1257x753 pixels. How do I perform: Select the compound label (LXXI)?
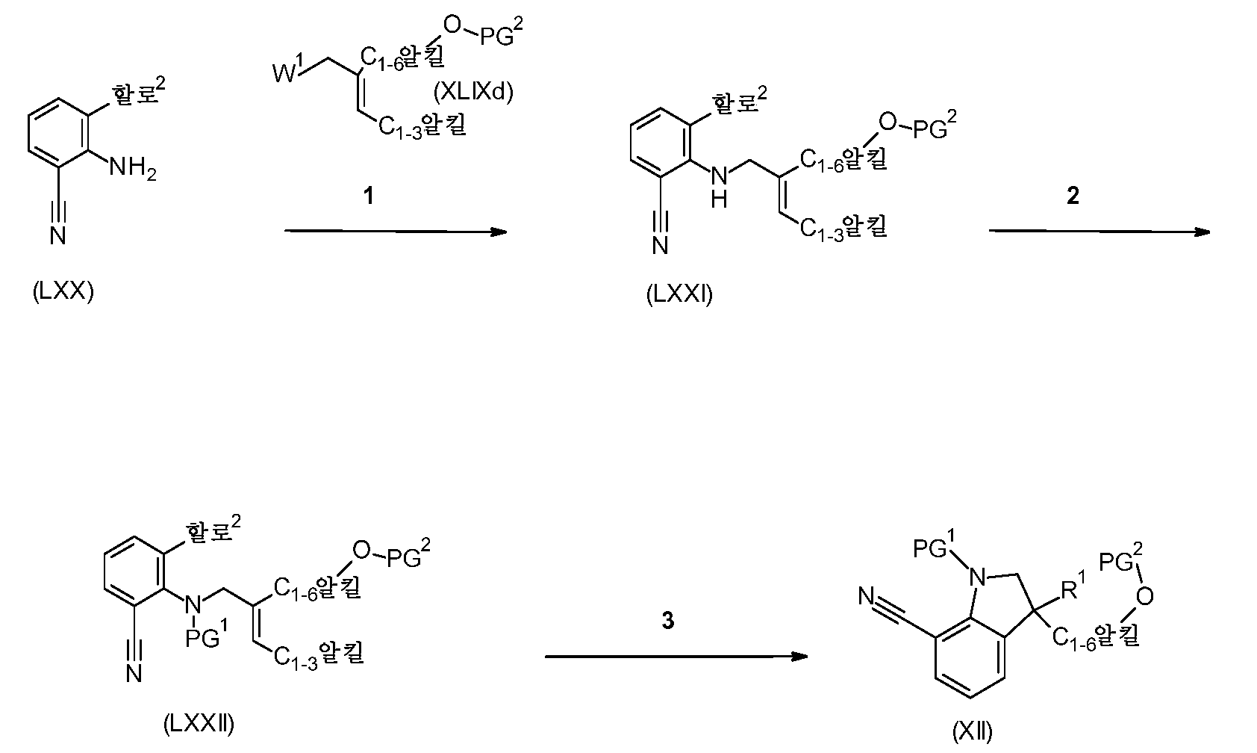point(680,294)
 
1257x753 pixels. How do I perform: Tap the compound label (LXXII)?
point(199,723)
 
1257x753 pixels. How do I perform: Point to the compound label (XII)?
point(973,733)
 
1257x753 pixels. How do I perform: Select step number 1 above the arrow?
point(367,196)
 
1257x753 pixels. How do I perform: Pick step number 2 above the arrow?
point(1073,196)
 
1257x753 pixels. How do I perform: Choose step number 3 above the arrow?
point(668,621)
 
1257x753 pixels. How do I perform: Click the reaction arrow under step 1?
point(396,232)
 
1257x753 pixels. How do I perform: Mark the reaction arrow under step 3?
point(676,657)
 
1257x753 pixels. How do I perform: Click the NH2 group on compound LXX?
point(133,167)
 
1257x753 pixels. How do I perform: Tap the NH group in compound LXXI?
point(719,187)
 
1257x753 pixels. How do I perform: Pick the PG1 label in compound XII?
point(934,548)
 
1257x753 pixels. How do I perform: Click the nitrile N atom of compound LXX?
point(58,236)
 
